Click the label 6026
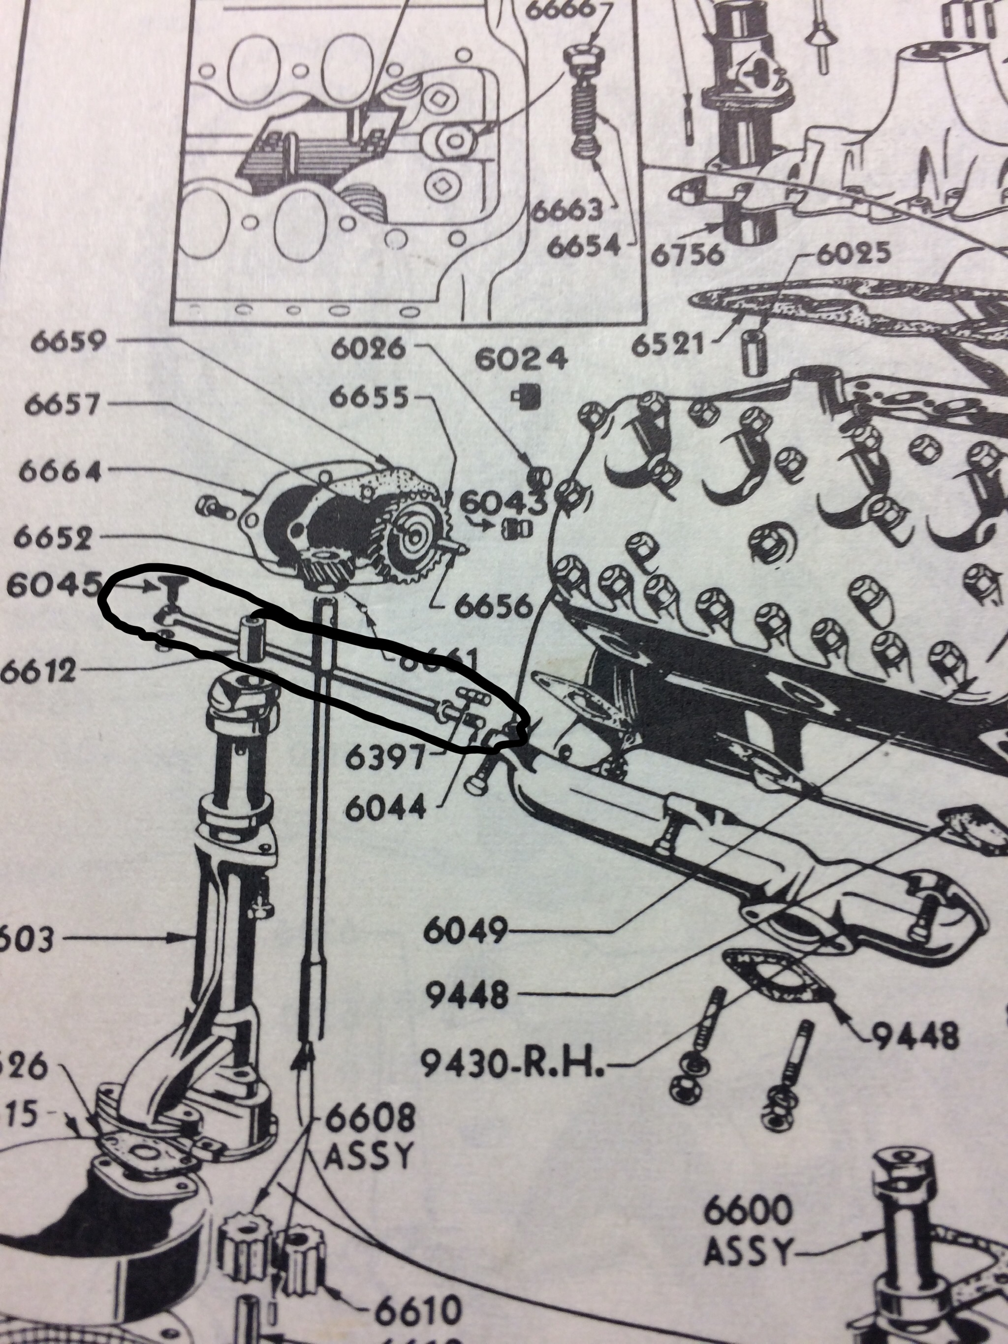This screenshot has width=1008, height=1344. pos(368,348)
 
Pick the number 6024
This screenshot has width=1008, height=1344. pos(521,360)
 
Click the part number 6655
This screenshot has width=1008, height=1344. pos(368,399)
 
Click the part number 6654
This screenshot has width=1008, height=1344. pos(584,246)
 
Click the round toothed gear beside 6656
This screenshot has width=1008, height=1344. pos(417,536)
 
